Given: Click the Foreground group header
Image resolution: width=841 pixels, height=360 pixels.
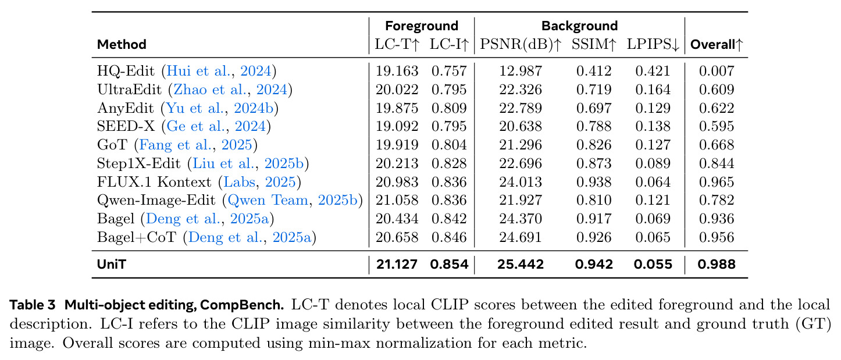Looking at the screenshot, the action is pyautogui.click(x=422, y=26).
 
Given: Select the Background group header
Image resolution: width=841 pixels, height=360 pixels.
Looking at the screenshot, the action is pyautogui.click(x=579, y=26).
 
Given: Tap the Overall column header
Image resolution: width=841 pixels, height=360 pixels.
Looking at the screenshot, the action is pyautogui.click(x=717, y=45).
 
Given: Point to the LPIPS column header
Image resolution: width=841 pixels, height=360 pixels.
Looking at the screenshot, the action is pyautogui.click(x=653, y=45).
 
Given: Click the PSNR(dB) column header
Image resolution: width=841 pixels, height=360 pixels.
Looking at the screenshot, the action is pyautogui.click(x=521, y=45).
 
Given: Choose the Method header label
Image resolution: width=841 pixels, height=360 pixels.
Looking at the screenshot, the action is pyautogui.click(x=122, y=45).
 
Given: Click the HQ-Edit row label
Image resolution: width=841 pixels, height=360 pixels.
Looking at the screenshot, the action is pyautogui.click(x=126, y=71).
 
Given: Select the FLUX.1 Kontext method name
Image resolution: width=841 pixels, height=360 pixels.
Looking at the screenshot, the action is pyautogui.click(x=154, y=182).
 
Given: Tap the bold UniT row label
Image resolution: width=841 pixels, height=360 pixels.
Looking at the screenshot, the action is pyautogui.click(x=112, y=264).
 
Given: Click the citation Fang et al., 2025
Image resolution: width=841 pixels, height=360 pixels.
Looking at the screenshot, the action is pyautogui.click(x=195, y=145).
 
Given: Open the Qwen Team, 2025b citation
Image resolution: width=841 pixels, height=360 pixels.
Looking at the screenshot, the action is pyautogui.click(x=293, y=201).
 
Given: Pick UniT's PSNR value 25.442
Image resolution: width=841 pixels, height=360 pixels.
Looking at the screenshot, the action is pyautogui.click(x=521, y=264).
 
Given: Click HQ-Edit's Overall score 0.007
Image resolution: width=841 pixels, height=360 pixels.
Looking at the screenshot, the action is pyautogui.click(x=717, y=71).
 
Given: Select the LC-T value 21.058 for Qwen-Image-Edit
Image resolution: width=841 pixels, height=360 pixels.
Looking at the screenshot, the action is pyautogui.click(x=397, y=201).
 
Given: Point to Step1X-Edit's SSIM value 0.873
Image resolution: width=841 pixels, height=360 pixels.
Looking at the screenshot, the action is pyautogui.click(x=594, y=163).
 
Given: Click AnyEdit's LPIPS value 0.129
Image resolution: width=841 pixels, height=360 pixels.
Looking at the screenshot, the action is pyautogui.click(x=653, y=108).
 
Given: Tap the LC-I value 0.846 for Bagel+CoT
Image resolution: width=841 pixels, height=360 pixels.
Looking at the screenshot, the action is pyautogui.click(x=449, y=237).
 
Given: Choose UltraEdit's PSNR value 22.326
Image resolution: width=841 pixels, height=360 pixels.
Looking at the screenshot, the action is pyautogui.click(x=521, y=90).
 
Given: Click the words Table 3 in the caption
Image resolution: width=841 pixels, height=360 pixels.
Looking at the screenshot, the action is pyautogui.click(x=33, y=305).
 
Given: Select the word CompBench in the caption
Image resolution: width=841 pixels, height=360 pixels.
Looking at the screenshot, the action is pyautogui.click(x=241, y=305).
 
